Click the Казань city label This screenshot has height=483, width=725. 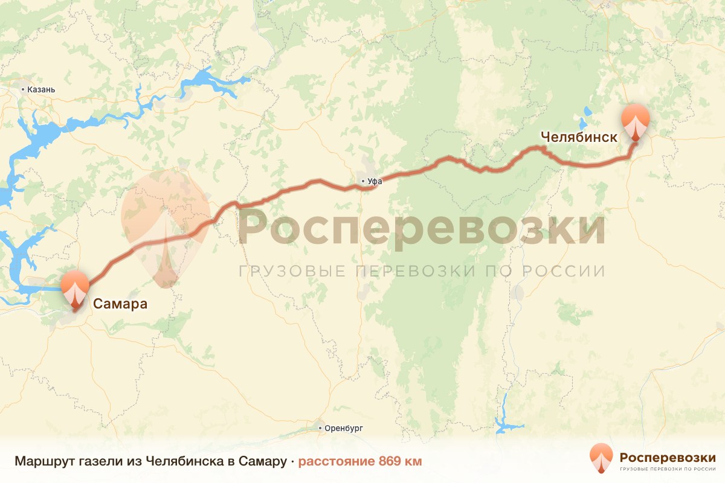[x=42, y=90]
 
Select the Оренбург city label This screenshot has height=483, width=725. [x=344, y=427]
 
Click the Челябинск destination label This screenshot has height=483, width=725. [x=579, y=137]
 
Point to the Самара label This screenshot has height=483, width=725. [x=120, y=303]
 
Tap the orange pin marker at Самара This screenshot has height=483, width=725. [x=76, y=289]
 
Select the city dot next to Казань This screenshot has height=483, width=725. [x=23, y=90]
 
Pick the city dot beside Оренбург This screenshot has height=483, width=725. [x=321, y=427]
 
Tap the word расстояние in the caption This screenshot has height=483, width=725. [x=337, y=462]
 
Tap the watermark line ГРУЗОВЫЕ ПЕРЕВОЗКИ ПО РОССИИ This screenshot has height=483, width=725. [x=421, y=271]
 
